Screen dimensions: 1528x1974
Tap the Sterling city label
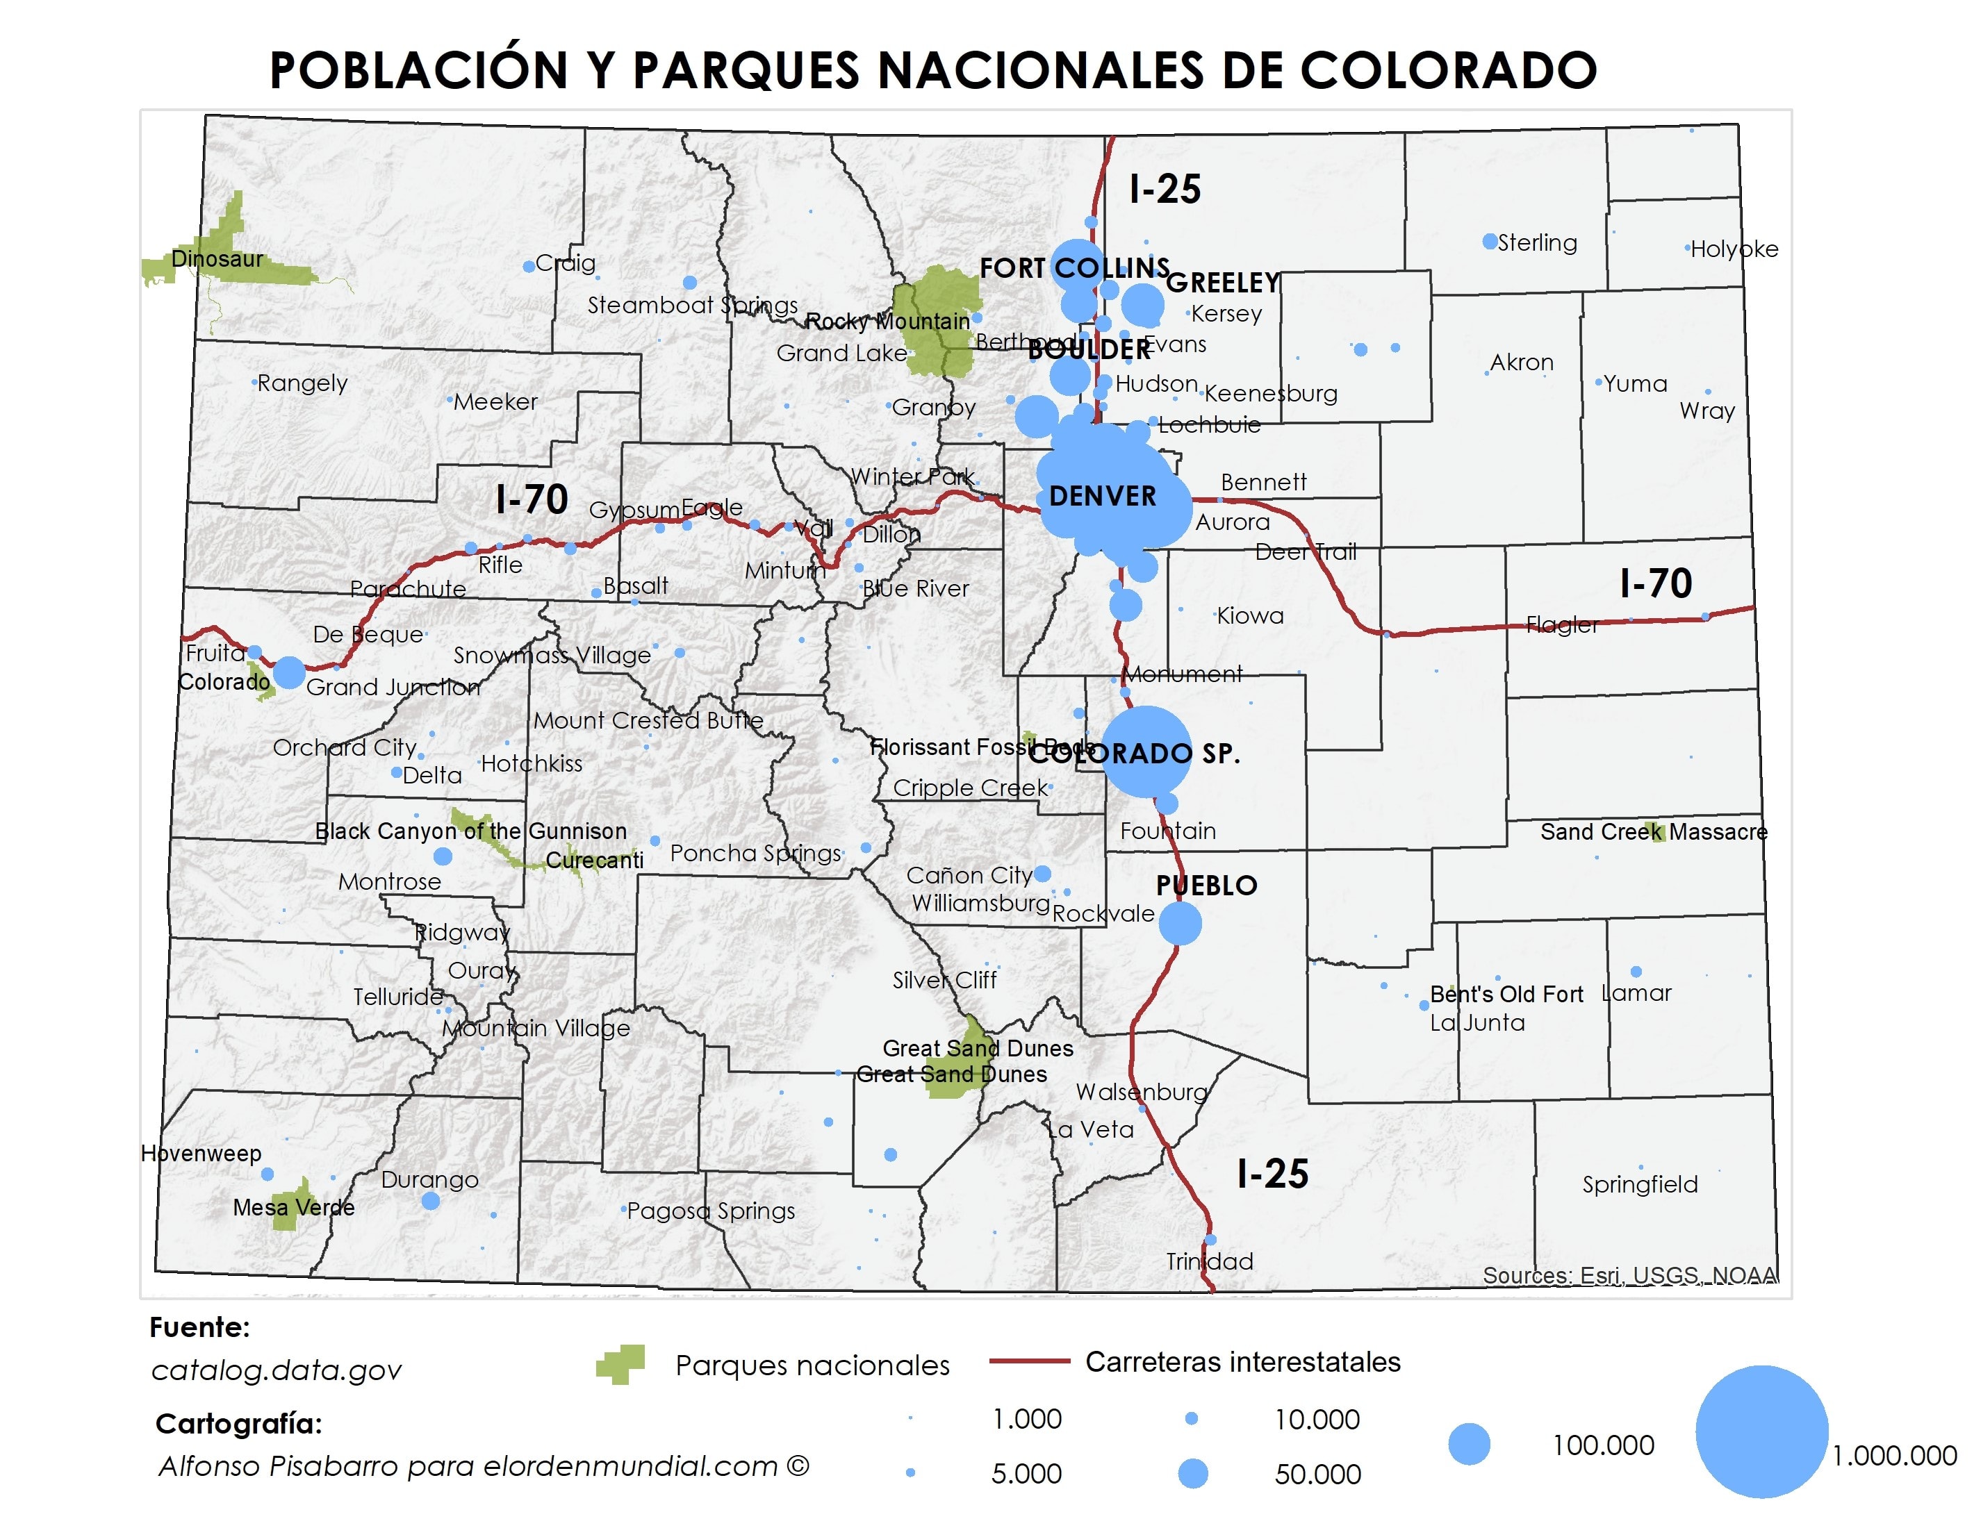pos(1538,242)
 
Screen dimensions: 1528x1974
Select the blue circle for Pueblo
pos(1180,924)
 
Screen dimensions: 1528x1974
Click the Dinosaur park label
pos(217,259)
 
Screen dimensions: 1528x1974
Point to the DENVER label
pos(1102,496)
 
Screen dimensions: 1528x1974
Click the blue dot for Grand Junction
pos(289,672)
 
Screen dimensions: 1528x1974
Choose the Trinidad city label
pos(1210,1261)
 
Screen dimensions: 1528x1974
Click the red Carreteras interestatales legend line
pos(1030,1361)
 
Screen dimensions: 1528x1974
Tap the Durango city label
pos(429,1179)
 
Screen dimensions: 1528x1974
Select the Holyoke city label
pos(1734,249)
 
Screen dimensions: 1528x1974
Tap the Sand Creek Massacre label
pos(1653,832)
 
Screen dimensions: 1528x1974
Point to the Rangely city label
pos(302,383)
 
